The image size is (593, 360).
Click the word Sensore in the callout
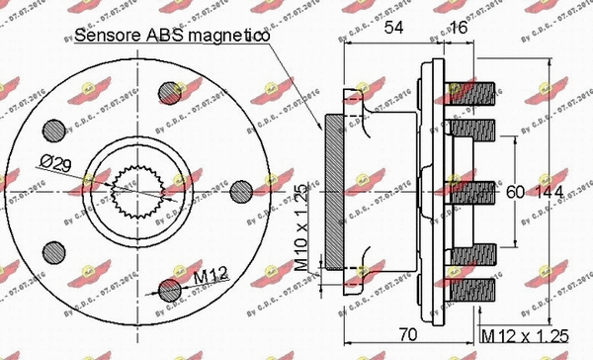110,37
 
